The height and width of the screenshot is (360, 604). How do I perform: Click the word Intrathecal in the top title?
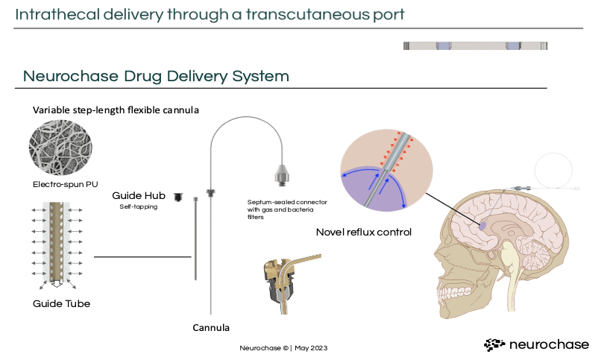pos(57,14)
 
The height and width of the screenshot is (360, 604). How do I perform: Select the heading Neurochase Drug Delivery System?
pos(156,76)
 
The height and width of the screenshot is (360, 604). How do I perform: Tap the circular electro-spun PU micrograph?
pos(60,147)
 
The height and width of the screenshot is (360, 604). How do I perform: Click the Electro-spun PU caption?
pos(66,184)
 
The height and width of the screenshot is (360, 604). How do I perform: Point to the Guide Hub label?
pos(139,195)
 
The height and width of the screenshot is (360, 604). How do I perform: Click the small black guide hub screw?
pos(178,197)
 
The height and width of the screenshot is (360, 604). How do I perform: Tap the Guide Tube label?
pos(62,304)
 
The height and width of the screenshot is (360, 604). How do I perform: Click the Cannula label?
pos(211,328)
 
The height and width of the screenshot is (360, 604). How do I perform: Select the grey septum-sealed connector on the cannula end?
pos(282,175)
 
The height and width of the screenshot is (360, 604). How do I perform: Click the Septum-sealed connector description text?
pos(287,209)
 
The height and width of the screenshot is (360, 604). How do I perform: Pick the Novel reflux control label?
pos(364,232)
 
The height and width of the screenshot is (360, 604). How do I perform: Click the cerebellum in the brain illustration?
pos(535,255)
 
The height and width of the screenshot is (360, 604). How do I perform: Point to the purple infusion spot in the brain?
pos(482,226)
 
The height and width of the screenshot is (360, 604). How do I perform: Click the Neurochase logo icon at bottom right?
pos(494,344)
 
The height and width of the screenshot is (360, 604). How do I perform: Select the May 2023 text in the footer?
pos(311,348)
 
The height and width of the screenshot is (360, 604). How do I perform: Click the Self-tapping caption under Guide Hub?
pos(139,206)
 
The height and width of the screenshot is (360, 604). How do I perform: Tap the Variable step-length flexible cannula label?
pos(116,110)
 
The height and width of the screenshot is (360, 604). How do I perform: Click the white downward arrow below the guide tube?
pos(57,283)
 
